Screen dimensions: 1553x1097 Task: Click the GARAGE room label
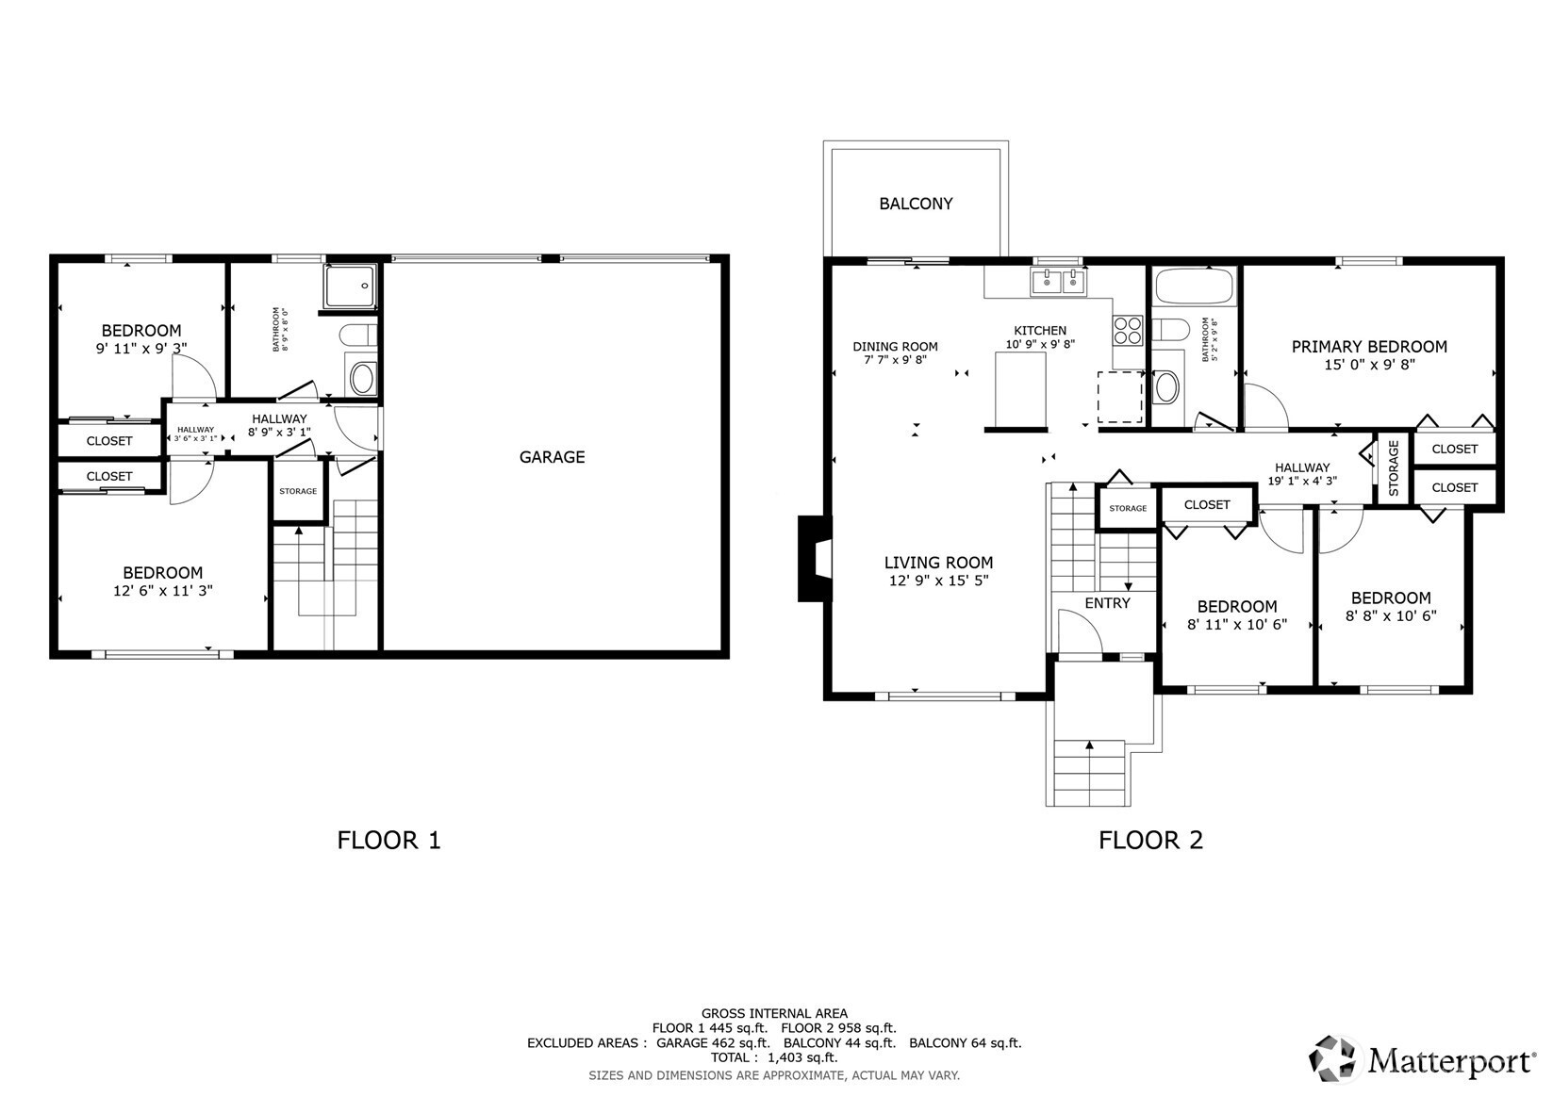pos(552,457)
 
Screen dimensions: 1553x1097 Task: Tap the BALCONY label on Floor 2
pos(916,204)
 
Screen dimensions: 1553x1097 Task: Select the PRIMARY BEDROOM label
pos(1368,347)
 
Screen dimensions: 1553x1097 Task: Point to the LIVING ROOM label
pos(938,563)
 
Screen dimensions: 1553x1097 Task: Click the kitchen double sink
pos(1058,282)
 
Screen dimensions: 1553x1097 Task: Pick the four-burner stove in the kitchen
pos(1128,330)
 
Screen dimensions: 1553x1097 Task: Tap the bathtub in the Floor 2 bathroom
pos(1195,287)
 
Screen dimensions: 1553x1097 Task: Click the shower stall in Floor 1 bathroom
pos(351,286)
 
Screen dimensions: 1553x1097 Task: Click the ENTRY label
pos(1107,603)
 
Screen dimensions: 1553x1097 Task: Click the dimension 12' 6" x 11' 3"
pos(163,591)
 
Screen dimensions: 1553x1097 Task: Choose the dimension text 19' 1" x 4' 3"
pos(1302,481)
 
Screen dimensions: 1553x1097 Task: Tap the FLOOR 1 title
pos(388,841)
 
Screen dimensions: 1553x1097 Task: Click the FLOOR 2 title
pos(1150,841)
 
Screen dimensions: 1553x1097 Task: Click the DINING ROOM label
pos(895,347)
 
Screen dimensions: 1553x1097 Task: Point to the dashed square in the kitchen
pos(1119,397)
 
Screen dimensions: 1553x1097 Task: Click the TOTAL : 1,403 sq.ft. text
pos(774,1057)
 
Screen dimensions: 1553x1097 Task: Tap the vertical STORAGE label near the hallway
pos(1394,468)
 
